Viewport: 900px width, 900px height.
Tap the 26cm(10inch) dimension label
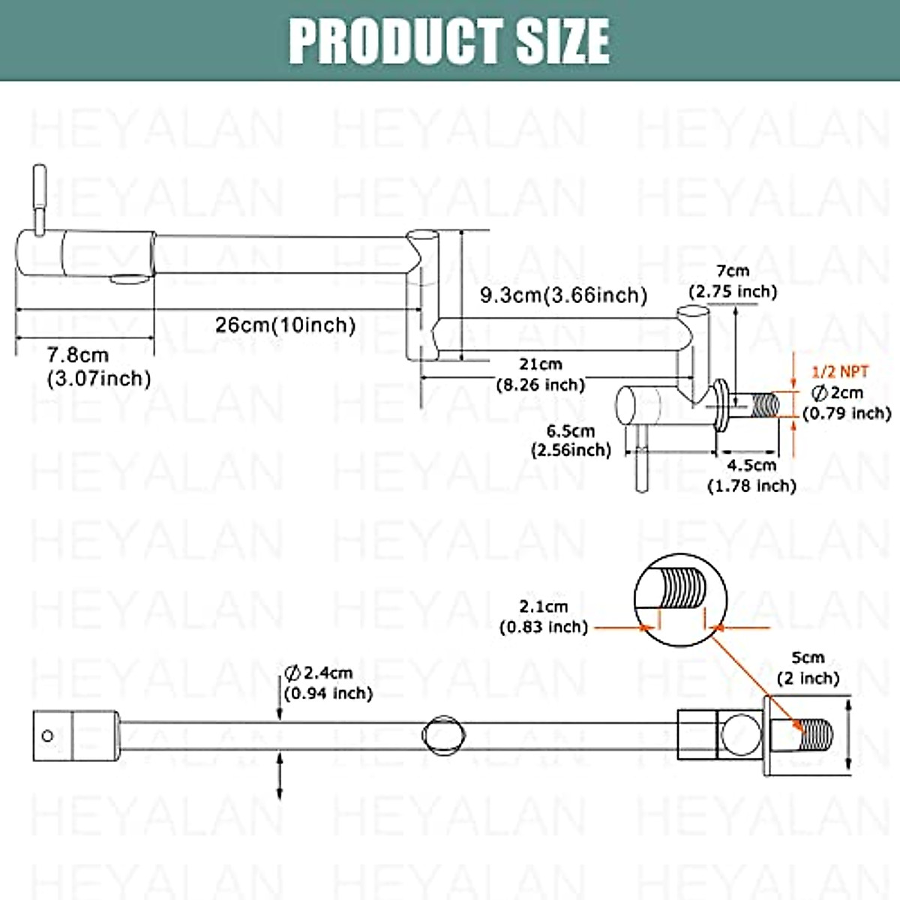coord(285,325)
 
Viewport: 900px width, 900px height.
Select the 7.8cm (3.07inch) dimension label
coord(98,367)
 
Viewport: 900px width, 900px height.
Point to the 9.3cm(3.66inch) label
coord(563,295)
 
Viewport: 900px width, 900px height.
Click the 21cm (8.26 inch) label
coord(541,374)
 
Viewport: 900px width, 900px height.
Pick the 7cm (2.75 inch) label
coord(733,281)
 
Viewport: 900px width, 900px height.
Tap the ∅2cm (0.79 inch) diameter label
coord(846,403)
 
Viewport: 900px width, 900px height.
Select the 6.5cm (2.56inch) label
coord(571,440)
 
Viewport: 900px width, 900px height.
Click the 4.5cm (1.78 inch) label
coord(751,475)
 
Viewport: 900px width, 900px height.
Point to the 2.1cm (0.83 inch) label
coord(544,616)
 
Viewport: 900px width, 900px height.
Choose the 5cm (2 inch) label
coord(807,667)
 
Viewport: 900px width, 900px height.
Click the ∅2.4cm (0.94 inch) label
coord(328,682)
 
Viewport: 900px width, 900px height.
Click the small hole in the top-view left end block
coord(48,736)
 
